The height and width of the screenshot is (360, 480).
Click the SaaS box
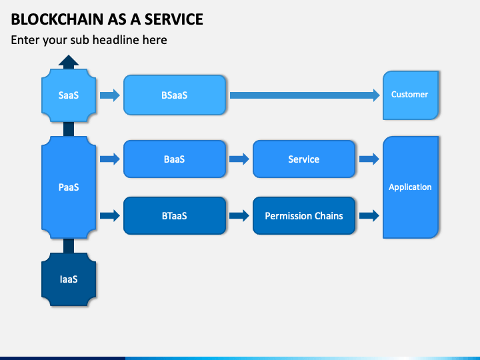(x=69, y=95)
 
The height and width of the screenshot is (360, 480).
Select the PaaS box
(x=69, y=187)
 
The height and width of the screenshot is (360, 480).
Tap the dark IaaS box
(x=69, y=279)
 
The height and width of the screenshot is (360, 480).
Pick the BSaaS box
(x=175, y=95)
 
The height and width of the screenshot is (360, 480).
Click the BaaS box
(x=175, y=159)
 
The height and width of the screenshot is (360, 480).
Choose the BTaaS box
(x=175, y=216)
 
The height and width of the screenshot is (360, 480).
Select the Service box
(x=304, y=159)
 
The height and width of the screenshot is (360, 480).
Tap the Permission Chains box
(x=304, y=216)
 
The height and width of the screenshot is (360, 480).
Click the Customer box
(x=411, y=95)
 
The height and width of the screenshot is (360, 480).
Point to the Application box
(x=411, y=187)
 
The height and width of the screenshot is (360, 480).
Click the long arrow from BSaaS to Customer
(x=305, y=95)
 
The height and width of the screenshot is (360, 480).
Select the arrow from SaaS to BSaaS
(x=110, y=95)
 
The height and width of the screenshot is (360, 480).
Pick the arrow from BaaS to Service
(x=239, y=159)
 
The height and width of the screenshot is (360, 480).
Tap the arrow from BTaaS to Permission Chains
(x=239, y=216)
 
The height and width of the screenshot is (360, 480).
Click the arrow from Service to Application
(x=369, y=159)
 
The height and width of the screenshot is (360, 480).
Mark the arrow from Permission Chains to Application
(x=369, y=216)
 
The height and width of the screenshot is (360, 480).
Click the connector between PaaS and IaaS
(x=69, y=246)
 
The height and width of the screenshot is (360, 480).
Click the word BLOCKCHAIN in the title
(x=57, y=19)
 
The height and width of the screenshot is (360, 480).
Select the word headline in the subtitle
(x=130, y=40)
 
